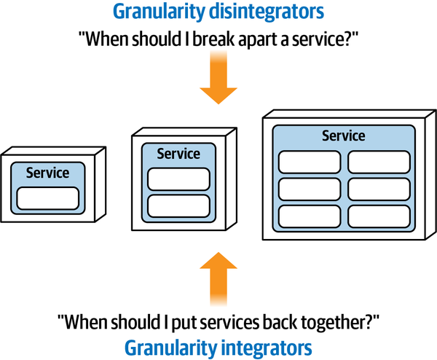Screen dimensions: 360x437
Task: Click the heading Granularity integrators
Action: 219,345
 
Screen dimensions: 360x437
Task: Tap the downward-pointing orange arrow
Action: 219,82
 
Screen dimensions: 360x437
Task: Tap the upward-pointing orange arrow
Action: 219,278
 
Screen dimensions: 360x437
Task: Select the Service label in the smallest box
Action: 47,173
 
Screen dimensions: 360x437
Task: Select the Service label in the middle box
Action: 178,154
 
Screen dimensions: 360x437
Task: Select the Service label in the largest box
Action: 343,136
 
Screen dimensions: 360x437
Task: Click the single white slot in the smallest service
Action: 47,197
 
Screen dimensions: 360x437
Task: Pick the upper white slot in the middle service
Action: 178,179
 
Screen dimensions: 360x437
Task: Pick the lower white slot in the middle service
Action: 178,205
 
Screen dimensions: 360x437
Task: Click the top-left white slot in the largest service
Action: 309,161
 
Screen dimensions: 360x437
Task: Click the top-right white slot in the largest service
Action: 377,161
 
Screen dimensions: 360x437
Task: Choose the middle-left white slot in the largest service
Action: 309,189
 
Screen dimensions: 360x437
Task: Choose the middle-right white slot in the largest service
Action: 377,189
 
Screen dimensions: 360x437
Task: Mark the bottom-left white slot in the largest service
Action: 309,216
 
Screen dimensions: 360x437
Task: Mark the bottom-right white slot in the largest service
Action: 377,216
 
